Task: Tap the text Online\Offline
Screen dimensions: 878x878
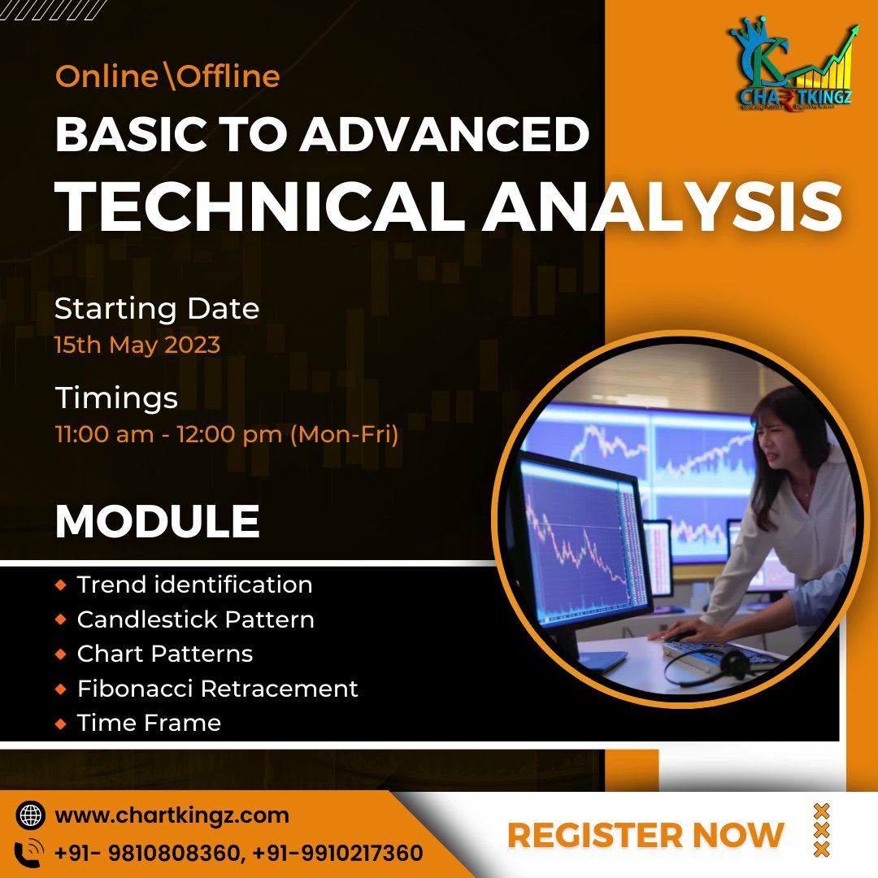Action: (x=167, y=77)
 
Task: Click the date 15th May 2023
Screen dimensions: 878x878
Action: (x=137, y=345)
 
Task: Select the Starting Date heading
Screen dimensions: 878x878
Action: (x=157, y=309)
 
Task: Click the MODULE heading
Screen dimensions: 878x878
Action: (x=157, y=522)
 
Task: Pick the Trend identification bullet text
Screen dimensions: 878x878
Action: (x=194, y=585)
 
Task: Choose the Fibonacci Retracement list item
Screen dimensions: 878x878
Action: (x=217, y=689)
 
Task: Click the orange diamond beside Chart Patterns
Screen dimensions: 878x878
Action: (x=61, y=654)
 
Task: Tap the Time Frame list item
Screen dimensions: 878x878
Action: (x=149, y=723)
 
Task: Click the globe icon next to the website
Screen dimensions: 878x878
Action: (x=30, y=815)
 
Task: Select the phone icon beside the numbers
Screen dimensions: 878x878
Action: (x=30, y=853)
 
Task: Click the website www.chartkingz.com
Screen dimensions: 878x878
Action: (x=172, y=815)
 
